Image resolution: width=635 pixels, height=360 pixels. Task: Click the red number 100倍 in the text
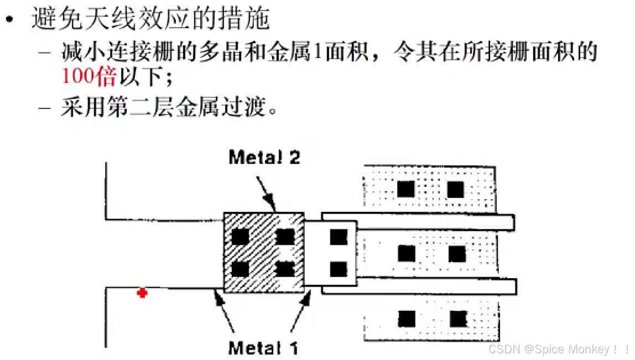(x=89, y=76)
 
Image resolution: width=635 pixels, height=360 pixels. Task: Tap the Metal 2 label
(x=264, y=158)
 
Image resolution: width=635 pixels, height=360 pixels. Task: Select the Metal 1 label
(x=263, y=348)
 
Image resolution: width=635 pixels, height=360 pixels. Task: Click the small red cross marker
(x=142, y=293)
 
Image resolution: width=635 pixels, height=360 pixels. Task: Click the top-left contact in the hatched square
(x=240, y=237)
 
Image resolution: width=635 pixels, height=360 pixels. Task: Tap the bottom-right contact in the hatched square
(x=285, y=269)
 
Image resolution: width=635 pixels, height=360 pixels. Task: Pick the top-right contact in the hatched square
(x=285, y=237)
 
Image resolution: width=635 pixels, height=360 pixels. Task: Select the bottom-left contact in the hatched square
(x=240, y=269)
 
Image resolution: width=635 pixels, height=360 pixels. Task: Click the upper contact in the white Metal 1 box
(x=339, y=237)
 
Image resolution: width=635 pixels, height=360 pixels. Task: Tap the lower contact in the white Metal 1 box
(x=339, y=269)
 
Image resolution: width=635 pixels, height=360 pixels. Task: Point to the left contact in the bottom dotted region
(x=407, y=319)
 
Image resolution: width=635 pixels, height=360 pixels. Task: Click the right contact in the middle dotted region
(x=457, y=254)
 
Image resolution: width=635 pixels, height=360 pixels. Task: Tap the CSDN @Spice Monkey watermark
(x=559, y=349)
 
